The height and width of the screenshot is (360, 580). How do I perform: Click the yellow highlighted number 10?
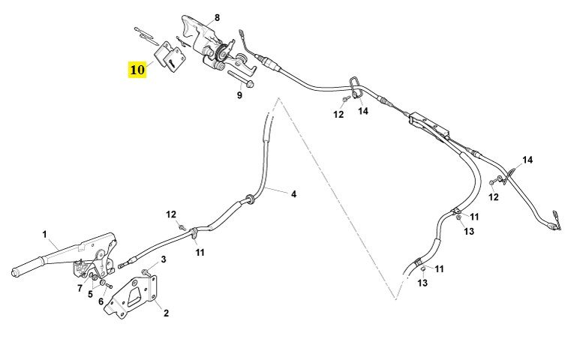tap(137, 70)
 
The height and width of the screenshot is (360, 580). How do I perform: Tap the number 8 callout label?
tap(217, 17)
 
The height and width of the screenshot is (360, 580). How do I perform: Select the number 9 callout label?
tap(240, 95)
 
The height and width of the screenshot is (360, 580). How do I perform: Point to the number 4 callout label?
tap(293, 194)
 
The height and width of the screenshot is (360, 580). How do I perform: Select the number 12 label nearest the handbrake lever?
tap(172, 215)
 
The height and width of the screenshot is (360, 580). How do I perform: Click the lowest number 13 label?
tap(422, 283)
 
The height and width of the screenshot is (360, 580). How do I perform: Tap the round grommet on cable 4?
tap(248, 200)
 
